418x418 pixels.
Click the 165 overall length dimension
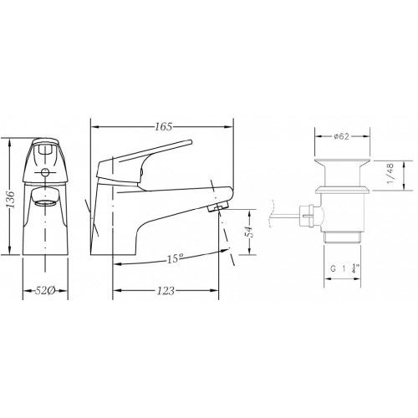(164, 127)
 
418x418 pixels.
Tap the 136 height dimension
(11, 199)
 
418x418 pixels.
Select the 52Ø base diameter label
(45, 291)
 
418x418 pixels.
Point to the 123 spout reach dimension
(166, 291)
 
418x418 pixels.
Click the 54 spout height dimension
(250, 231)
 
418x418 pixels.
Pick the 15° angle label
(175, 258)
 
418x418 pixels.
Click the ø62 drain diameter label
(341, 136)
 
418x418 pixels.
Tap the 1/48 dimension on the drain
(390, 173)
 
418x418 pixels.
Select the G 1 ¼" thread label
(344, 269)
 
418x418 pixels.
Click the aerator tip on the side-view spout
(218, 206)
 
